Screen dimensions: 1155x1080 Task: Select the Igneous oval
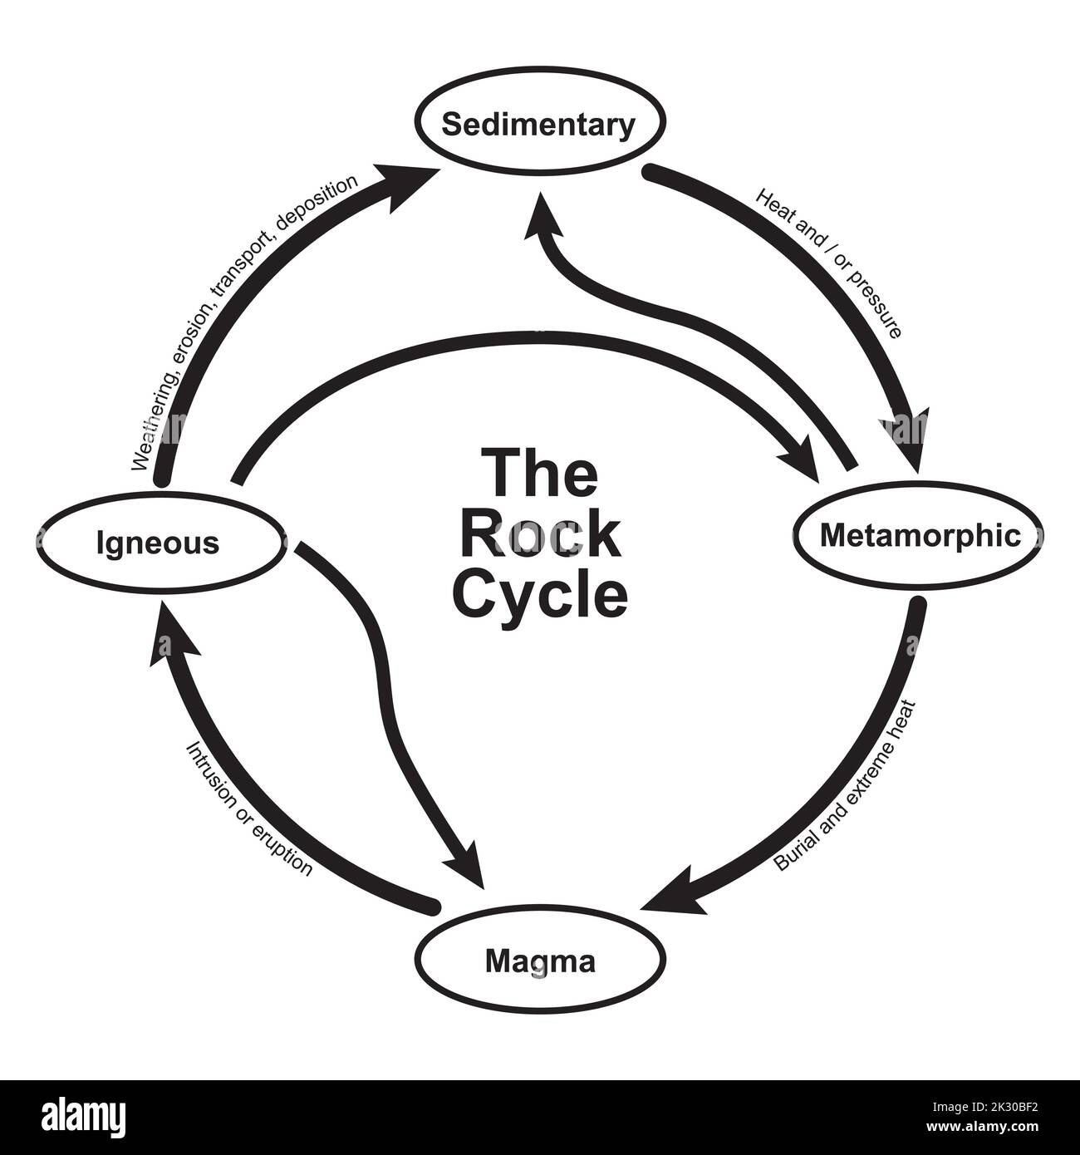[x=158, y=543]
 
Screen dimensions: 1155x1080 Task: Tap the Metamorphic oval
[x=920, y=536]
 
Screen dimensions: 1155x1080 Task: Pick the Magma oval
[x=540, y=961]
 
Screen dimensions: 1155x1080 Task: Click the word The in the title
[x=540, y=474]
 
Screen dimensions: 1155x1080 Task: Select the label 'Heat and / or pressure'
[x=828, y=263]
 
